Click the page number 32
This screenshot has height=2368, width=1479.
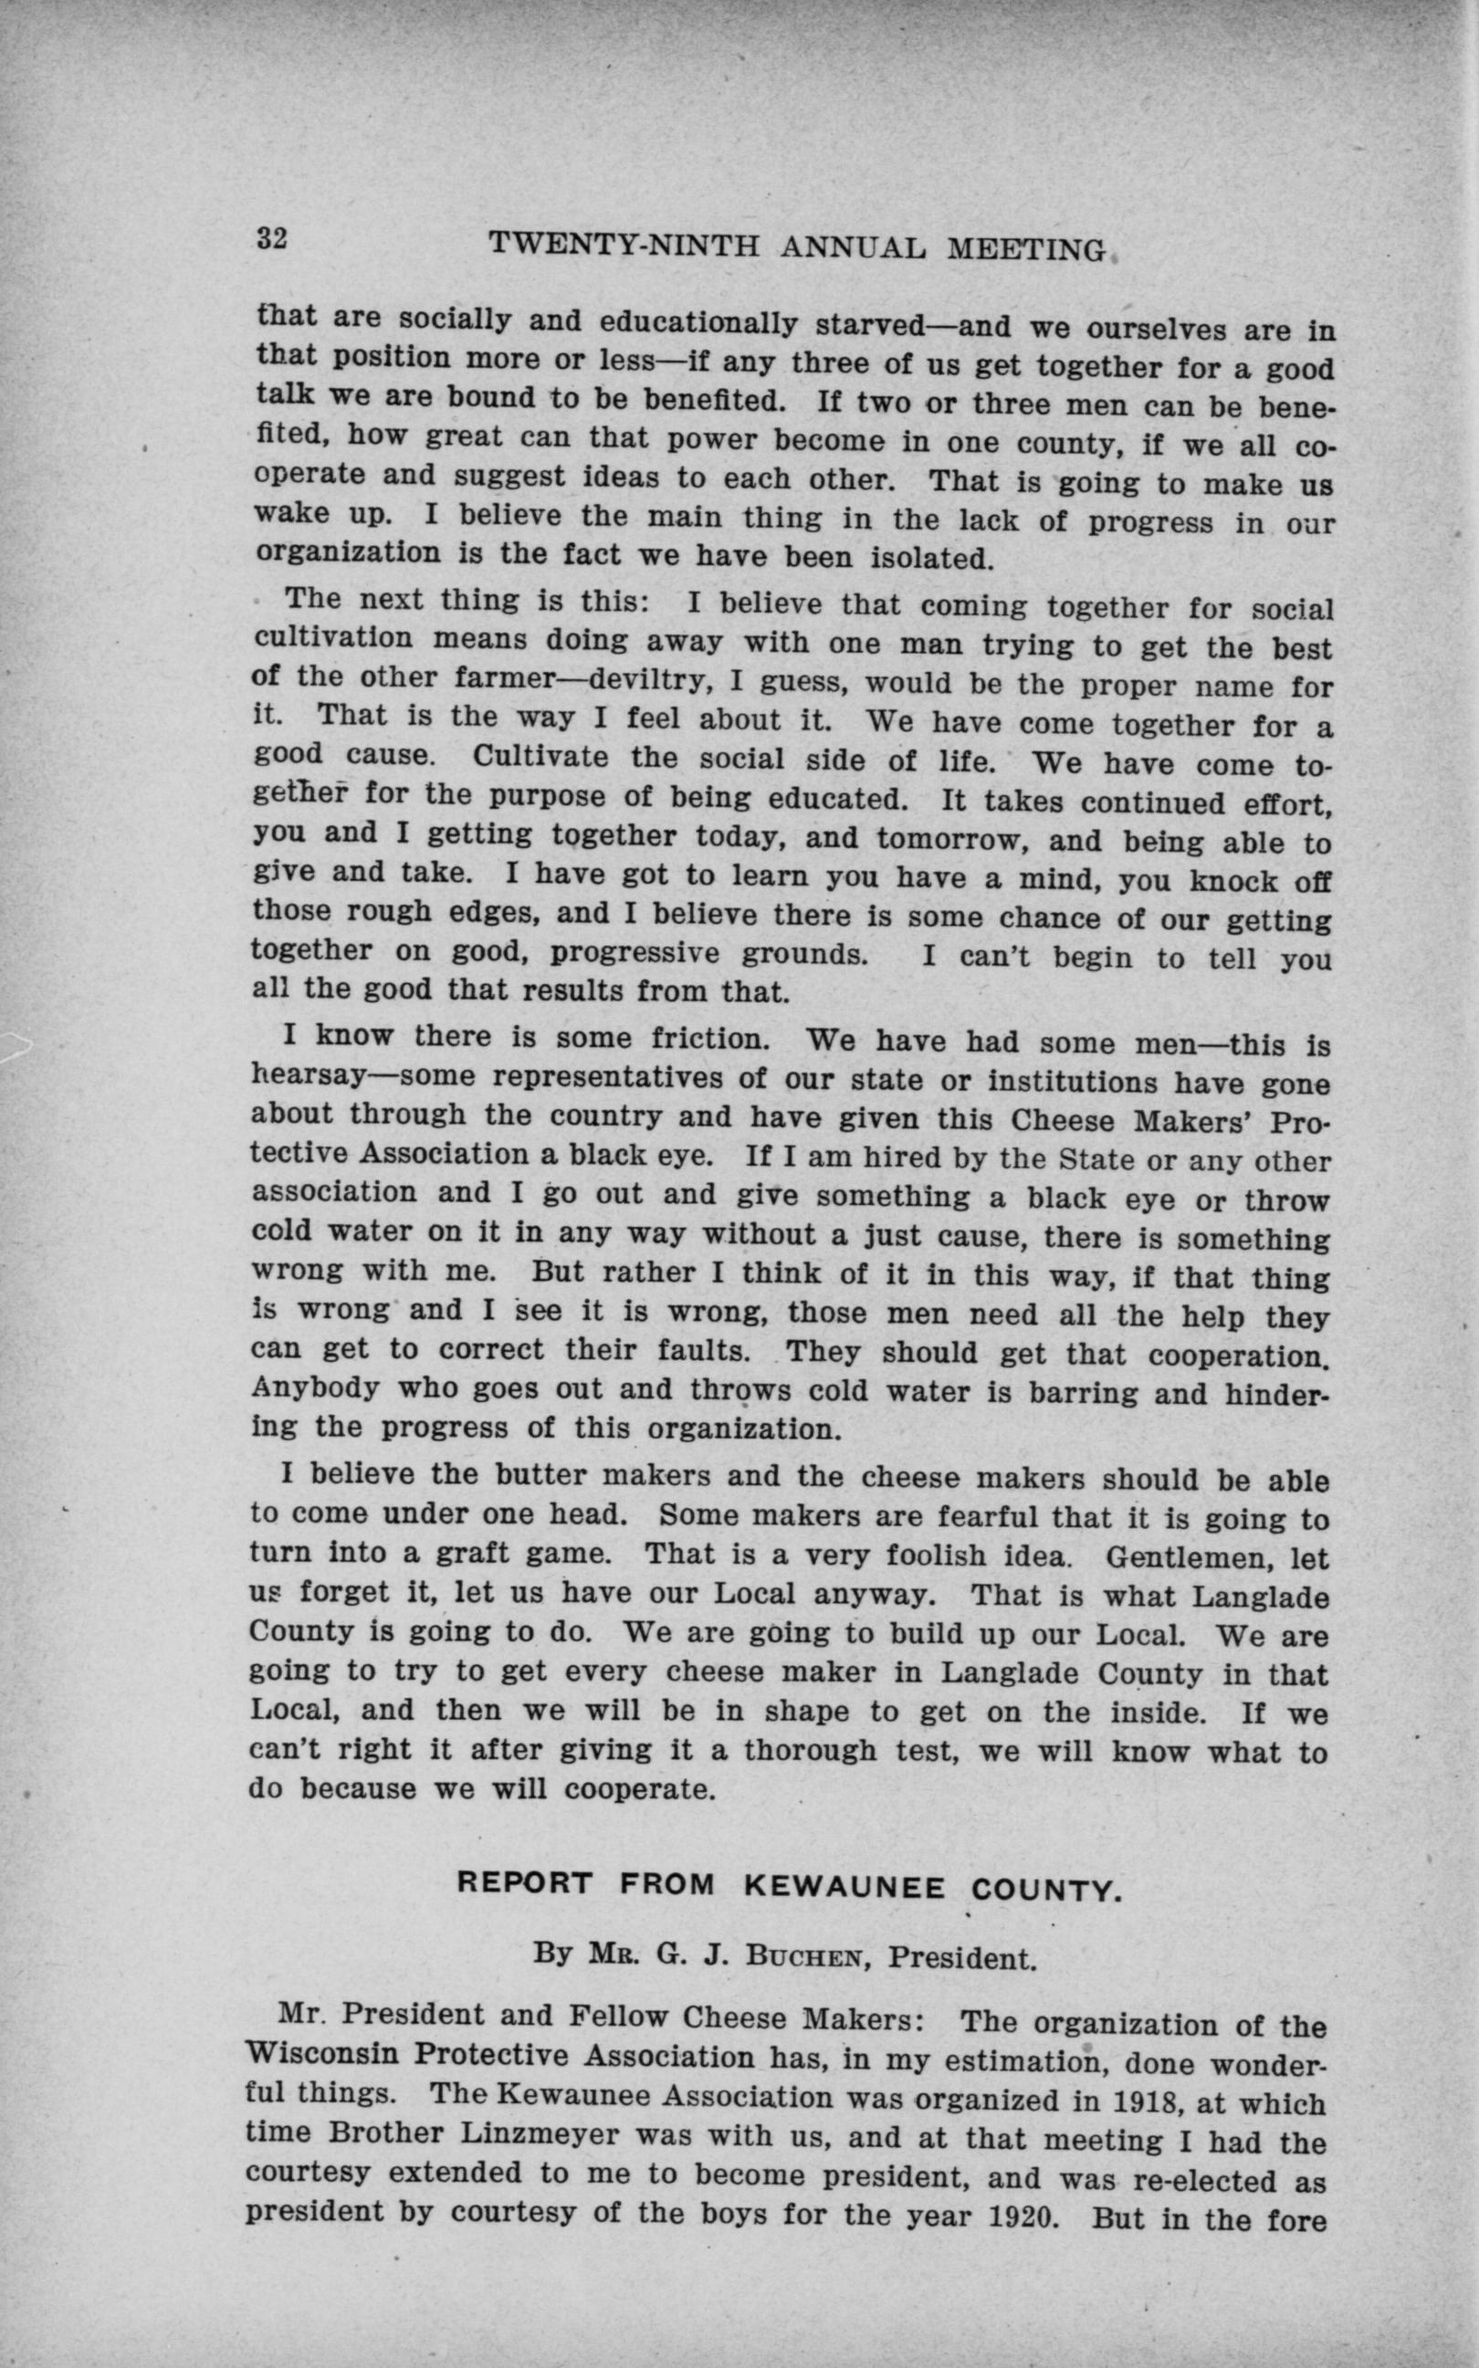click(x=270, y=238)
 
